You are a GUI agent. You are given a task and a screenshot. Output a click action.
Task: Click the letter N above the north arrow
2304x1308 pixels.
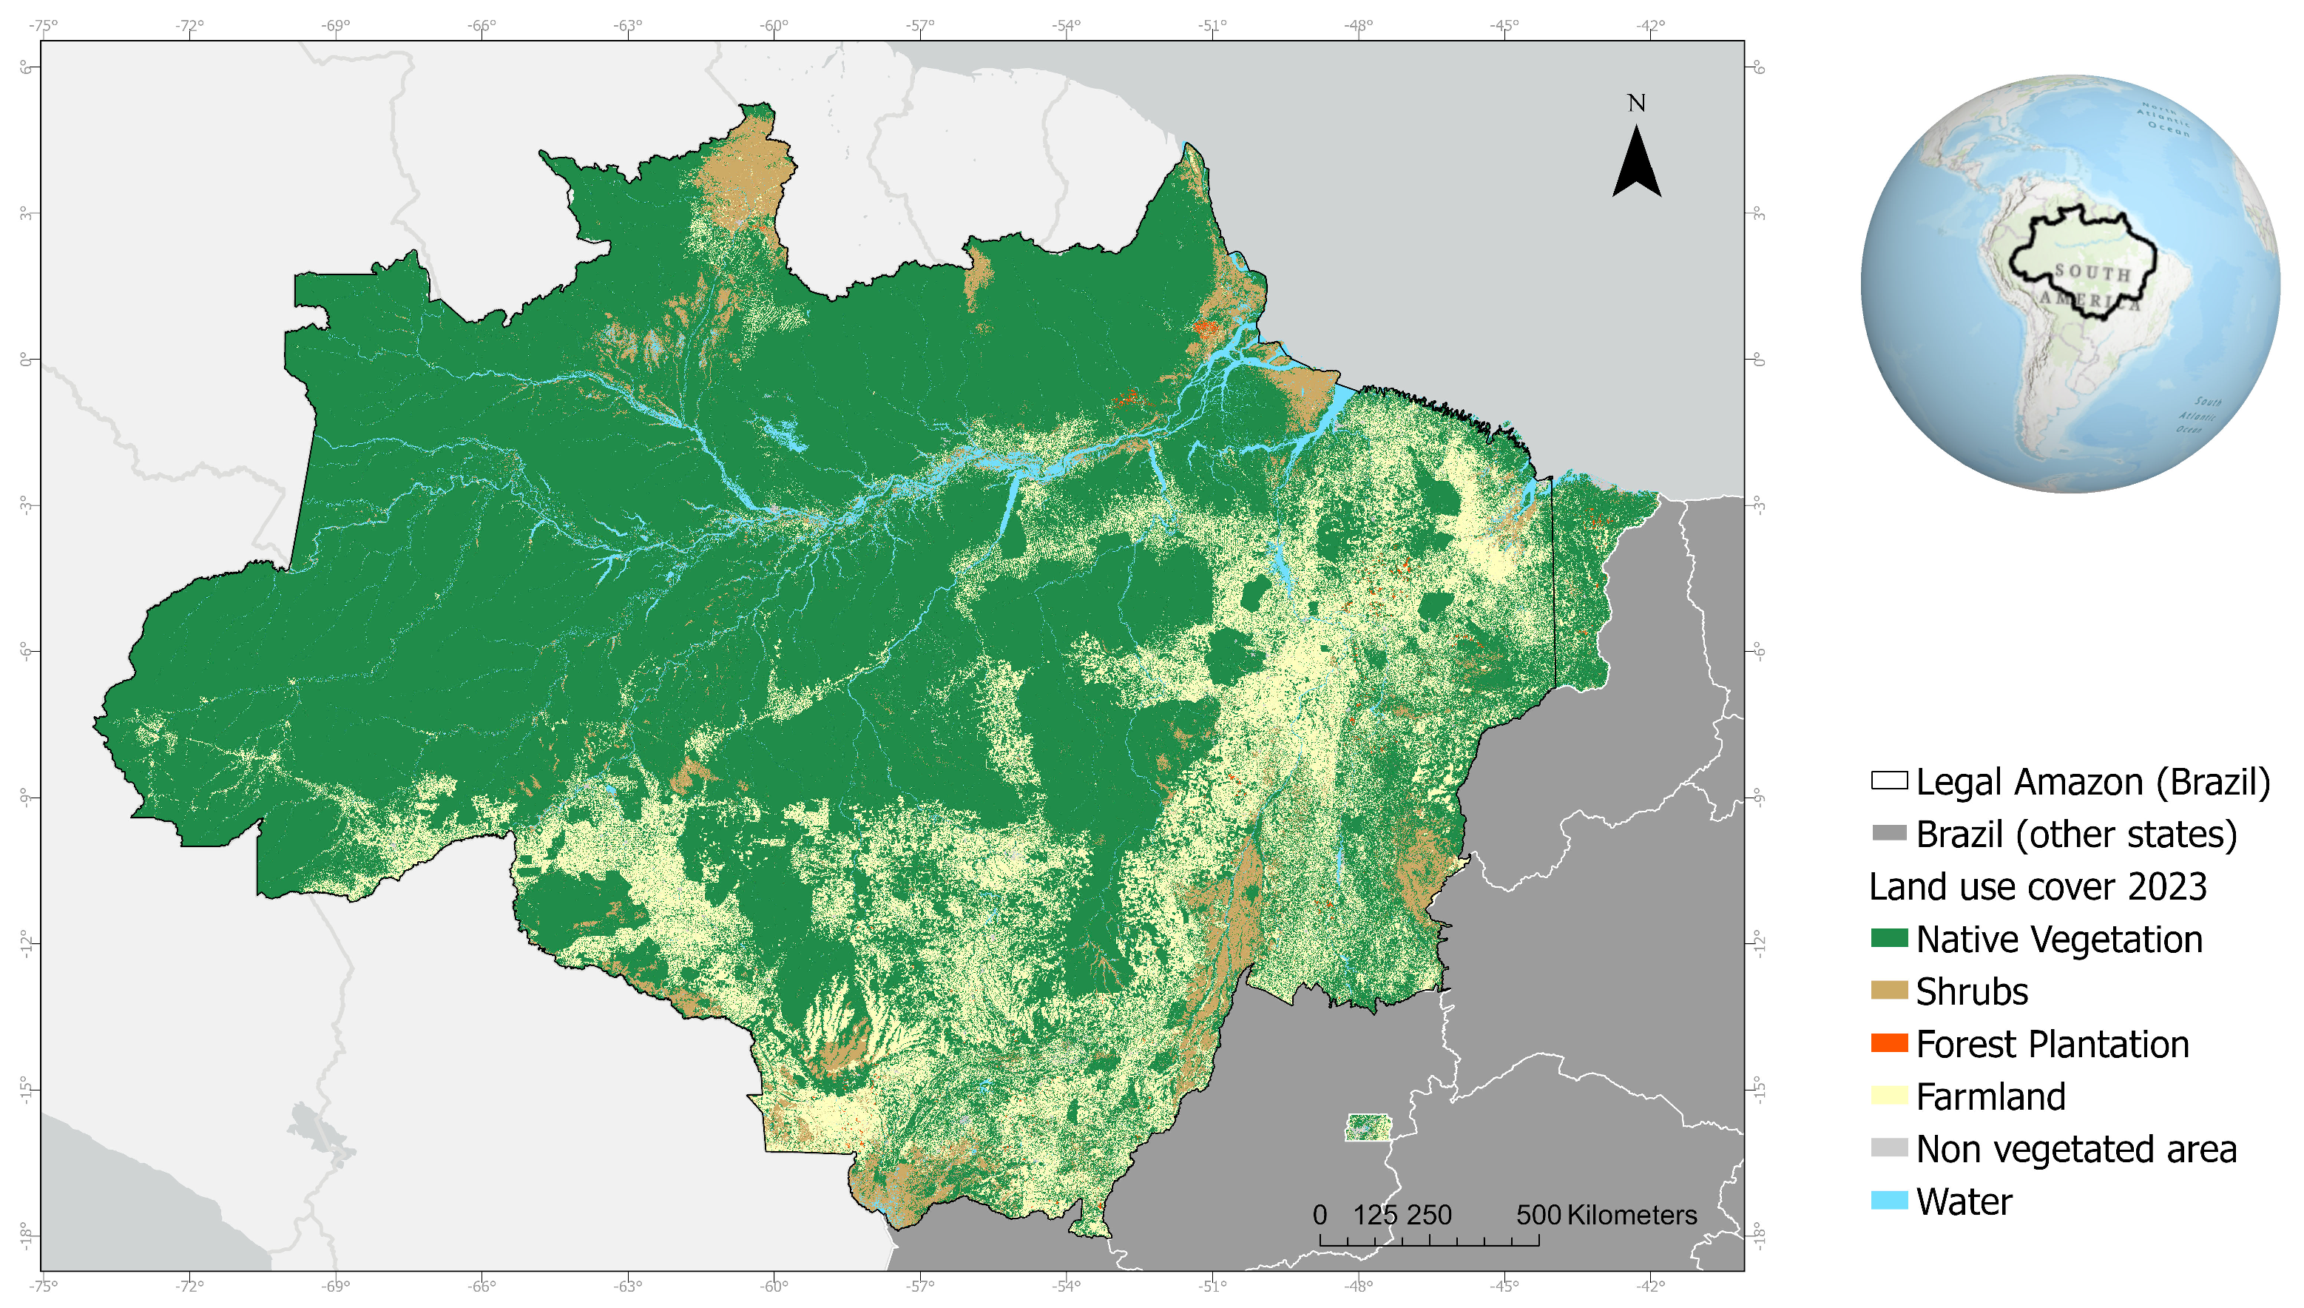(x=1636, y=104)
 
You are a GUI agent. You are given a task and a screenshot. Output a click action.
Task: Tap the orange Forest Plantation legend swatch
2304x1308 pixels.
(x=1888, y=1043)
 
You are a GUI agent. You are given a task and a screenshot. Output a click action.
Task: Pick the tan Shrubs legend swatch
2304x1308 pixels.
(x=1888, y=990)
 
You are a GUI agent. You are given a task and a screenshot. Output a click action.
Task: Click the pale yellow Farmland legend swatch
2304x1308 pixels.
(x=1888, y=1095)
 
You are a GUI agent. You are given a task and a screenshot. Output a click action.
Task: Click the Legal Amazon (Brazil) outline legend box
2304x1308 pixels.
(x=1888, y=780)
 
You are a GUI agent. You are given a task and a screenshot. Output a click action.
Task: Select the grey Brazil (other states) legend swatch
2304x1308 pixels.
(x=1888, y=833)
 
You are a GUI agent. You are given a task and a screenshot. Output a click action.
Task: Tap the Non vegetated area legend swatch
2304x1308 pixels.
(x=1888, y=1147)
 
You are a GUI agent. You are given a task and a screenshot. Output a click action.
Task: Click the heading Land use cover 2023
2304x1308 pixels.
(x=2037, y=886)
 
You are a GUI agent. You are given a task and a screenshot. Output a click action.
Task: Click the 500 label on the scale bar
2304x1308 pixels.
(x=1538, y=1215)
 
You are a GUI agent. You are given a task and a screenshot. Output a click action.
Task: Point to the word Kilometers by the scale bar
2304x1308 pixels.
(x=1632, y=1215)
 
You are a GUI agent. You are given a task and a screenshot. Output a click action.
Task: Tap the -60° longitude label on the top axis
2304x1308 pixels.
(x=773, y=25)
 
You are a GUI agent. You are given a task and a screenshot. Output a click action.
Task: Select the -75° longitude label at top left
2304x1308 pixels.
(x=42, y=25)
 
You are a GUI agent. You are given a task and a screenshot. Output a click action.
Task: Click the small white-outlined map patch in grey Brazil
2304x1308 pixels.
(x=1368, y=1127)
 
